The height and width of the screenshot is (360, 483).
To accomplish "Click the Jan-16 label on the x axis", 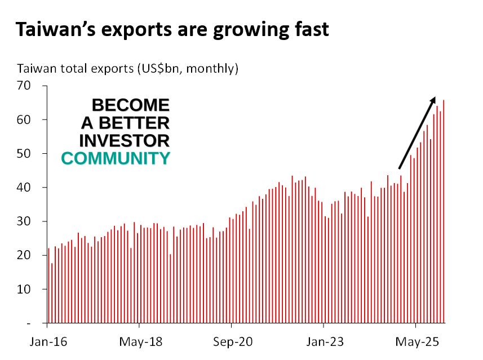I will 47,341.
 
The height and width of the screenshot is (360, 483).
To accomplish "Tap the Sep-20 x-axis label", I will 231,341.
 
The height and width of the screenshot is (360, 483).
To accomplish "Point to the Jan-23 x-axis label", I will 324,341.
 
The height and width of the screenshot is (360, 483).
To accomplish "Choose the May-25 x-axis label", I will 415,341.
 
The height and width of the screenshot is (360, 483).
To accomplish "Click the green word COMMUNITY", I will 116,158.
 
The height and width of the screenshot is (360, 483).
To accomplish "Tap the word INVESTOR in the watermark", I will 125,140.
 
